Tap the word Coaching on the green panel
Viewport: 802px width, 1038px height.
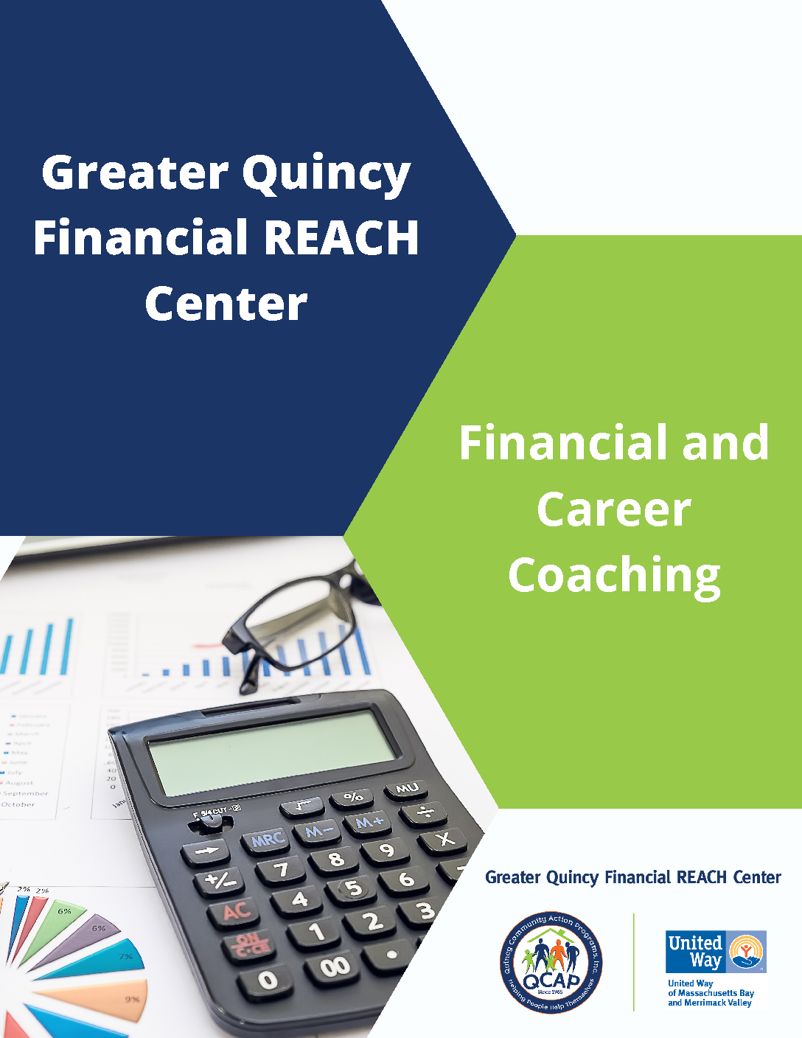coord(614,576)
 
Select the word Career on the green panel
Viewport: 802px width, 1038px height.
coord(614,509)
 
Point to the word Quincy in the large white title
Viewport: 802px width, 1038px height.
coord(326,174)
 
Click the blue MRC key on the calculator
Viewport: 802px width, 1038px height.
coord(268,840)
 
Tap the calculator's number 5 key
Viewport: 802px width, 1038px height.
coord(354,888)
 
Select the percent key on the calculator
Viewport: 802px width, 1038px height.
coord(353,797)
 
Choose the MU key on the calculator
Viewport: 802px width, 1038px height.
coord(407,789)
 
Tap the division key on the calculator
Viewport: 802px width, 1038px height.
coord(426,812)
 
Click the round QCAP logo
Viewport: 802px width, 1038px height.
coord(551,962)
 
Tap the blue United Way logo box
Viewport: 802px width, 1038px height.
coord(716,952)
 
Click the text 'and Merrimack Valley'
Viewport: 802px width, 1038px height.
coord(710,1003)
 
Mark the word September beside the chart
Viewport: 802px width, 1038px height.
coord(26,793)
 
